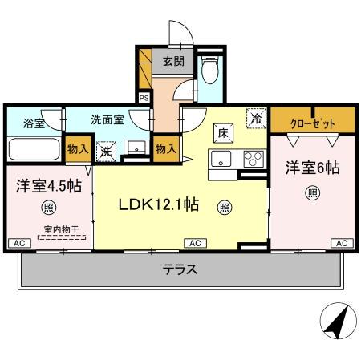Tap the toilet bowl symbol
pos(209,73)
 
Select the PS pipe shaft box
pos(144,98)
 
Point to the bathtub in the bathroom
pos(34,149)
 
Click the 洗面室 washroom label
pos(107,119)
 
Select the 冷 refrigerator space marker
pos(256,116)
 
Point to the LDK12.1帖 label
pos(159,204)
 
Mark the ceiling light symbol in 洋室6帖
pos(311,193)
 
